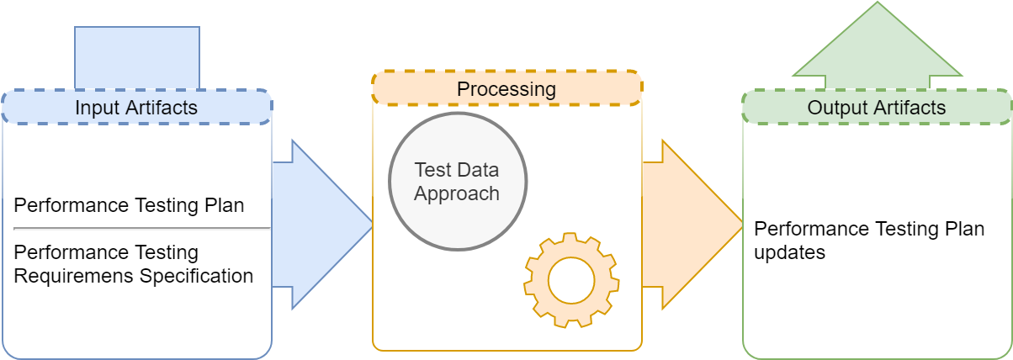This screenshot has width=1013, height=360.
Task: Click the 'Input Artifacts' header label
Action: click(136, 108)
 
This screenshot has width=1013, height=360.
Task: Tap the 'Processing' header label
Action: click(506, 89)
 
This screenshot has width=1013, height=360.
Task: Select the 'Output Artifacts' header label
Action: click(877, 108)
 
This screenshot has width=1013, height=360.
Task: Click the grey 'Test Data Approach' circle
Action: click(458, 182)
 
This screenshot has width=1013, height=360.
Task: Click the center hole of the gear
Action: click(571, 280)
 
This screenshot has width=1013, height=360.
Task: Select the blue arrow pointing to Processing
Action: click(322, 225)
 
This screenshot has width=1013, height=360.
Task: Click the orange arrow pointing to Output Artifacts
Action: click(692, 225)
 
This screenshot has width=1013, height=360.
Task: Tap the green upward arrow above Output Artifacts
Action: click(878, 45)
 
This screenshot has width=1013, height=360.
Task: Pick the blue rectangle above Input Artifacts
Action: click(137, 58)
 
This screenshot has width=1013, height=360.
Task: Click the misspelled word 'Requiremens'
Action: click(74, 276)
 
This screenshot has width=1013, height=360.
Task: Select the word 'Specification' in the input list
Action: click(196, 276)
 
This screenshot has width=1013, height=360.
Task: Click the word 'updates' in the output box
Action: click(789, 252)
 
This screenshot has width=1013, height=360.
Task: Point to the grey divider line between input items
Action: click(142, 229)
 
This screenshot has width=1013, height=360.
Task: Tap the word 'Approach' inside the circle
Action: click(457, 194)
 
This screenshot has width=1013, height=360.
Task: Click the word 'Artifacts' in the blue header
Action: click(162, 108)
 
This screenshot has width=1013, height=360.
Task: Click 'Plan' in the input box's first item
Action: click(225, 205)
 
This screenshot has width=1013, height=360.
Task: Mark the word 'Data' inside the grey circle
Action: click(478, 170)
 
